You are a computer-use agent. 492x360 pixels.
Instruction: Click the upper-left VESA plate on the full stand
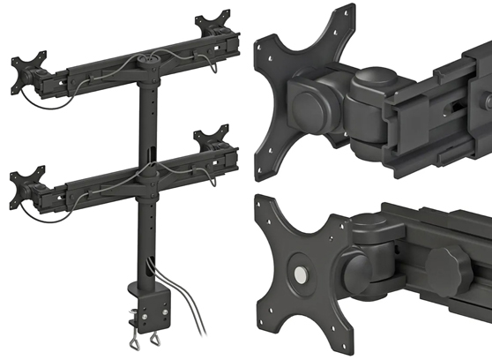point(26,71)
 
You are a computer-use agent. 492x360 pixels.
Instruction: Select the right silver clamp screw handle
point(158,341)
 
